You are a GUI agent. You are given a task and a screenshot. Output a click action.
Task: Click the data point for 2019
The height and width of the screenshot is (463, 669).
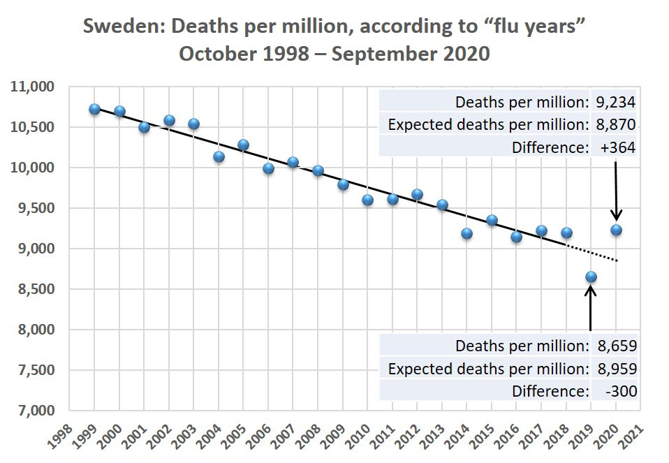point(591,277)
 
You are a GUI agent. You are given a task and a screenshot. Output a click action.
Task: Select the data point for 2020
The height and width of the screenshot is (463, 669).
point(616,230)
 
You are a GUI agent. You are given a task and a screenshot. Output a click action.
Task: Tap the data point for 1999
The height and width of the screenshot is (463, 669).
point(95,109)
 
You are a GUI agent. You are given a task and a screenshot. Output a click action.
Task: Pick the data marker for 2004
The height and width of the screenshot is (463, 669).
point(219,156)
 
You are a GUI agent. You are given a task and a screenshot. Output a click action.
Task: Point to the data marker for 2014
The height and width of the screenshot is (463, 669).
point(466,233)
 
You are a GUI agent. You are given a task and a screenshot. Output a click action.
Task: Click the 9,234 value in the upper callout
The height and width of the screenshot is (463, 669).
point(615,103)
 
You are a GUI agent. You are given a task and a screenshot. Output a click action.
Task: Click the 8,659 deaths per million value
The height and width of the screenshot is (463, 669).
point(616,346)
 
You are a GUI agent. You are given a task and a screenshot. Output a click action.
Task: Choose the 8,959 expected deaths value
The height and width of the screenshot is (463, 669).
point(616,369)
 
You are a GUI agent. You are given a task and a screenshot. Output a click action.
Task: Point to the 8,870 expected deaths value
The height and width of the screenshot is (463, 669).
point(615,125)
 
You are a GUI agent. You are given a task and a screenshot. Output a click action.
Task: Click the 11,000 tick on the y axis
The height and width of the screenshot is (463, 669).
point(31,87)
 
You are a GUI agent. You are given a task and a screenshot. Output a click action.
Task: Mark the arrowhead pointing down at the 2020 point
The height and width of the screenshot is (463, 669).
point(616,215)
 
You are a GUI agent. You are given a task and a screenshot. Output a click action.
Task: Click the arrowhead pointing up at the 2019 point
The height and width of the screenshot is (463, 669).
point(591,291)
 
